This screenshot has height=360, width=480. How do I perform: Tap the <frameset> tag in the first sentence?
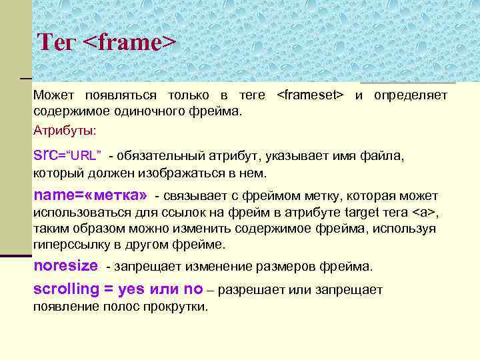tap(310, 96)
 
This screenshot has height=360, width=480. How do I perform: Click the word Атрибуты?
tap(65, 129)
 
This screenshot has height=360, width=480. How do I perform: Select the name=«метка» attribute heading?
tap(90, 196)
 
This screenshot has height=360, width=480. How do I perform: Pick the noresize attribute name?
tap(65, 266)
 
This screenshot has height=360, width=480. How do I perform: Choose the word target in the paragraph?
tap(363, 213)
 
